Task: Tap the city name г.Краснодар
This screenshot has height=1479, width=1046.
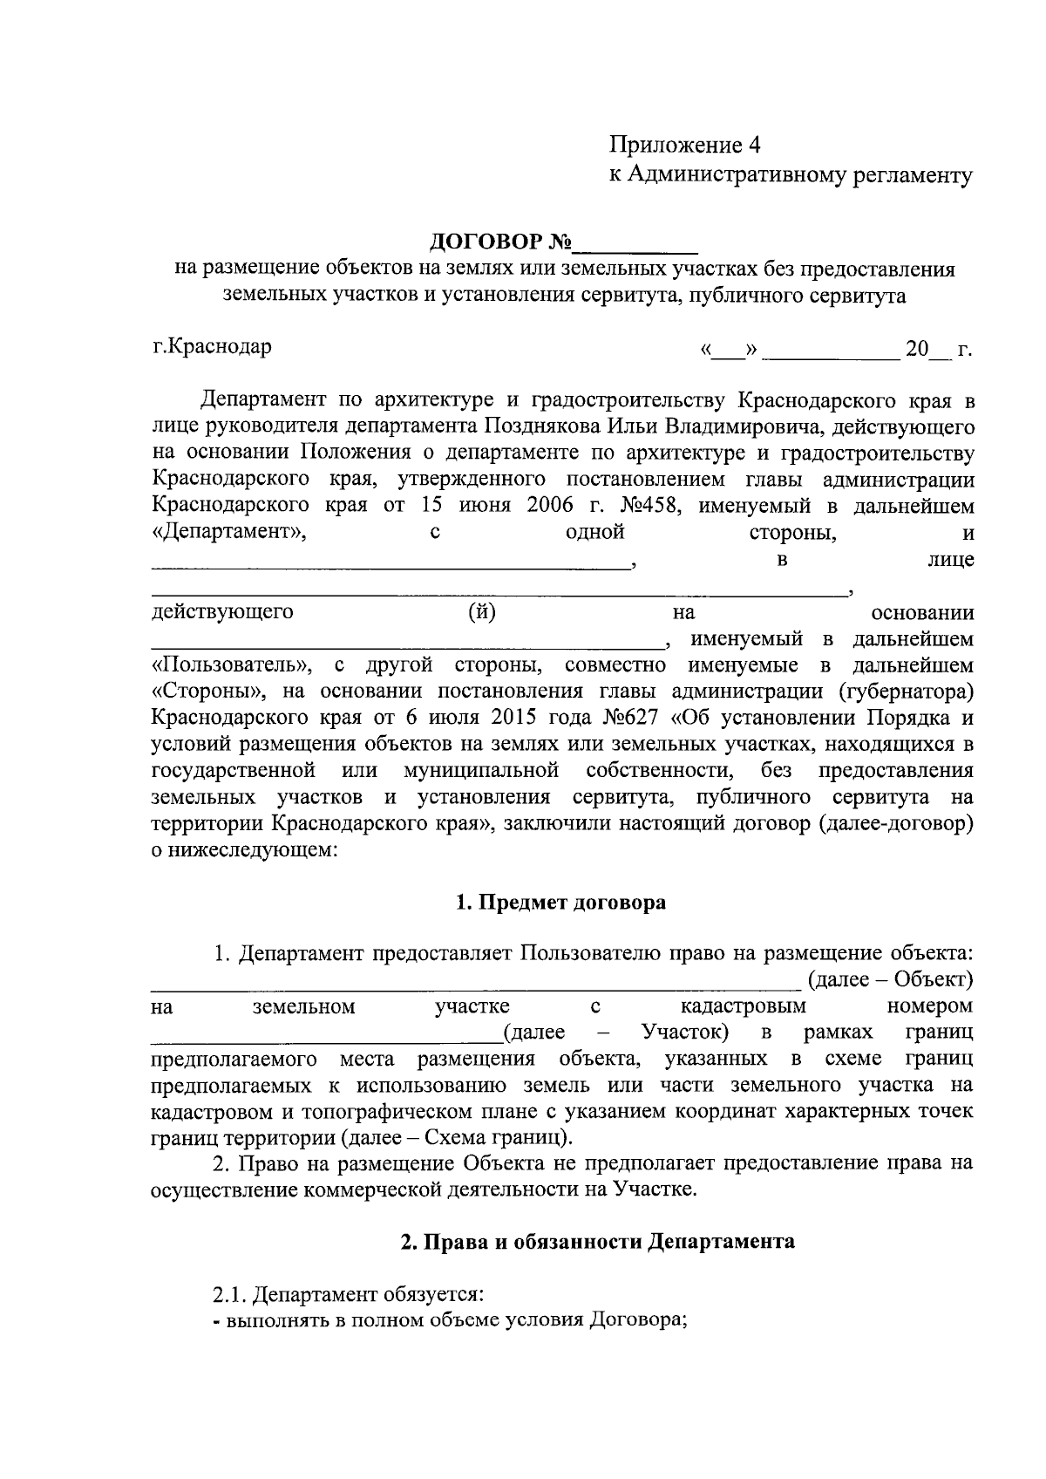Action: (x=212, y=346)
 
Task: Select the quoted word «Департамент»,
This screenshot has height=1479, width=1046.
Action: (x=228, y=532)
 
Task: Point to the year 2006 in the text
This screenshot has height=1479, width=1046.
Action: (x=552, y=506)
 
